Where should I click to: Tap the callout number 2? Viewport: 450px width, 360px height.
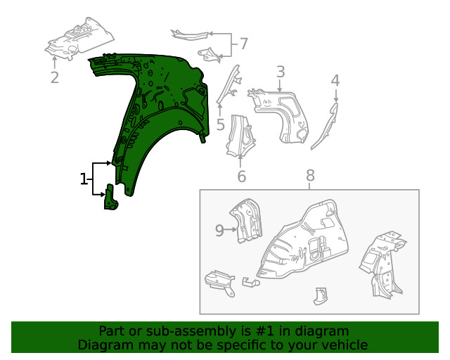coord(55,76)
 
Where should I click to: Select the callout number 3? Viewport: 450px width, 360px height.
coord(280,72)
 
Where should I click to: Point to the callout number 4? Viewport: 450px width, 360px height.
coord(335,80)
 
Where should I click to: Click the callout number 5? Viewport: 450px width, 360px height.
coord(220,125)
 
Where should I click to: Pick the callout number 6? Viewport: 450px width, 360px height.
coord(241,176)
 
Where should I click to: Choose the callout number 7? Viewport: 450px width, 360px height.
coord(243,44)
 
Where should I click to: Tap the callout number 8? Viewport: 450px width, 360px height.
coord(310,176)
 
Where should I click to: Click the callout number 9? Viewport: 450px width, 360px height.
coord(219,229)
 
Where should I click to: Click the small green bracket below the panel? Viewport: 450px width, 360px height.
coord(111,198)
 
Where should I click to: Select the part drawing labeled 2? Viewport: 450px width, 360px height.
coord(77,39)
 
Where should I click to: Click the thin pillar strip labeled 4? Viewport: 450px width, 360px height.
coord(324,127)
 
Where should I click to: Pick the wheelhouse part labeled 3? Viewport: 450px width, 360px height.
coord(285,112)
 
